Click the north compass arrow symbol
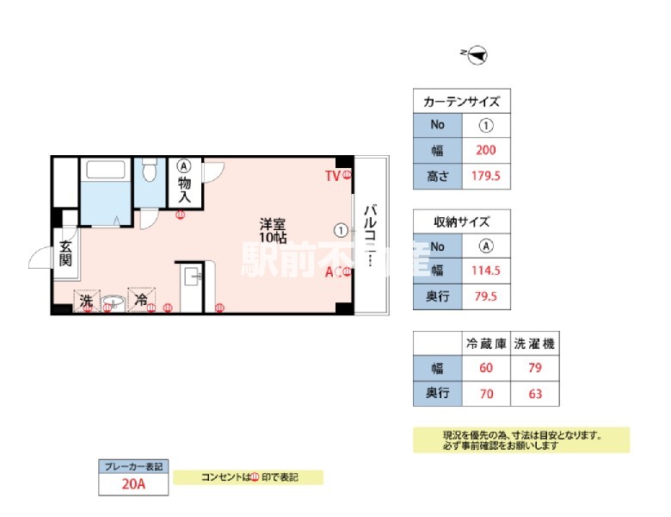[x=477, y=54]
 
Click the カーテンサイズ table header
[x=462, y=102]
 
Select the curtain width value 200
[x=486, y=150]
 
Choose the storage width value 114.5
[x=486, y=271]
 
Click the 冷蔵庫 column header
[x=485, y=343]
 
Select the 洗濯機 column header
[x=533, y=343]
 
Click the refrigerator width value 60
[x=485, y=368]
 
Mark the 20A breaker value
[x=133, y=484]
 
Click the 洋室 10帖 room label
[x=274, y=230]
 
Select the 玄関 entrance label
[x=66, y=256]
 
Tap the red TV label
[x=332, y=176]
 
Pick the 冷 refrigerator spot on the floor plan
[x=141, y=301]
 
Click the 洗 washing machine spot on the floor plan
[x=86, y=301]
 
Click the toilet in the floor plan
[x=148, y=170]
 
